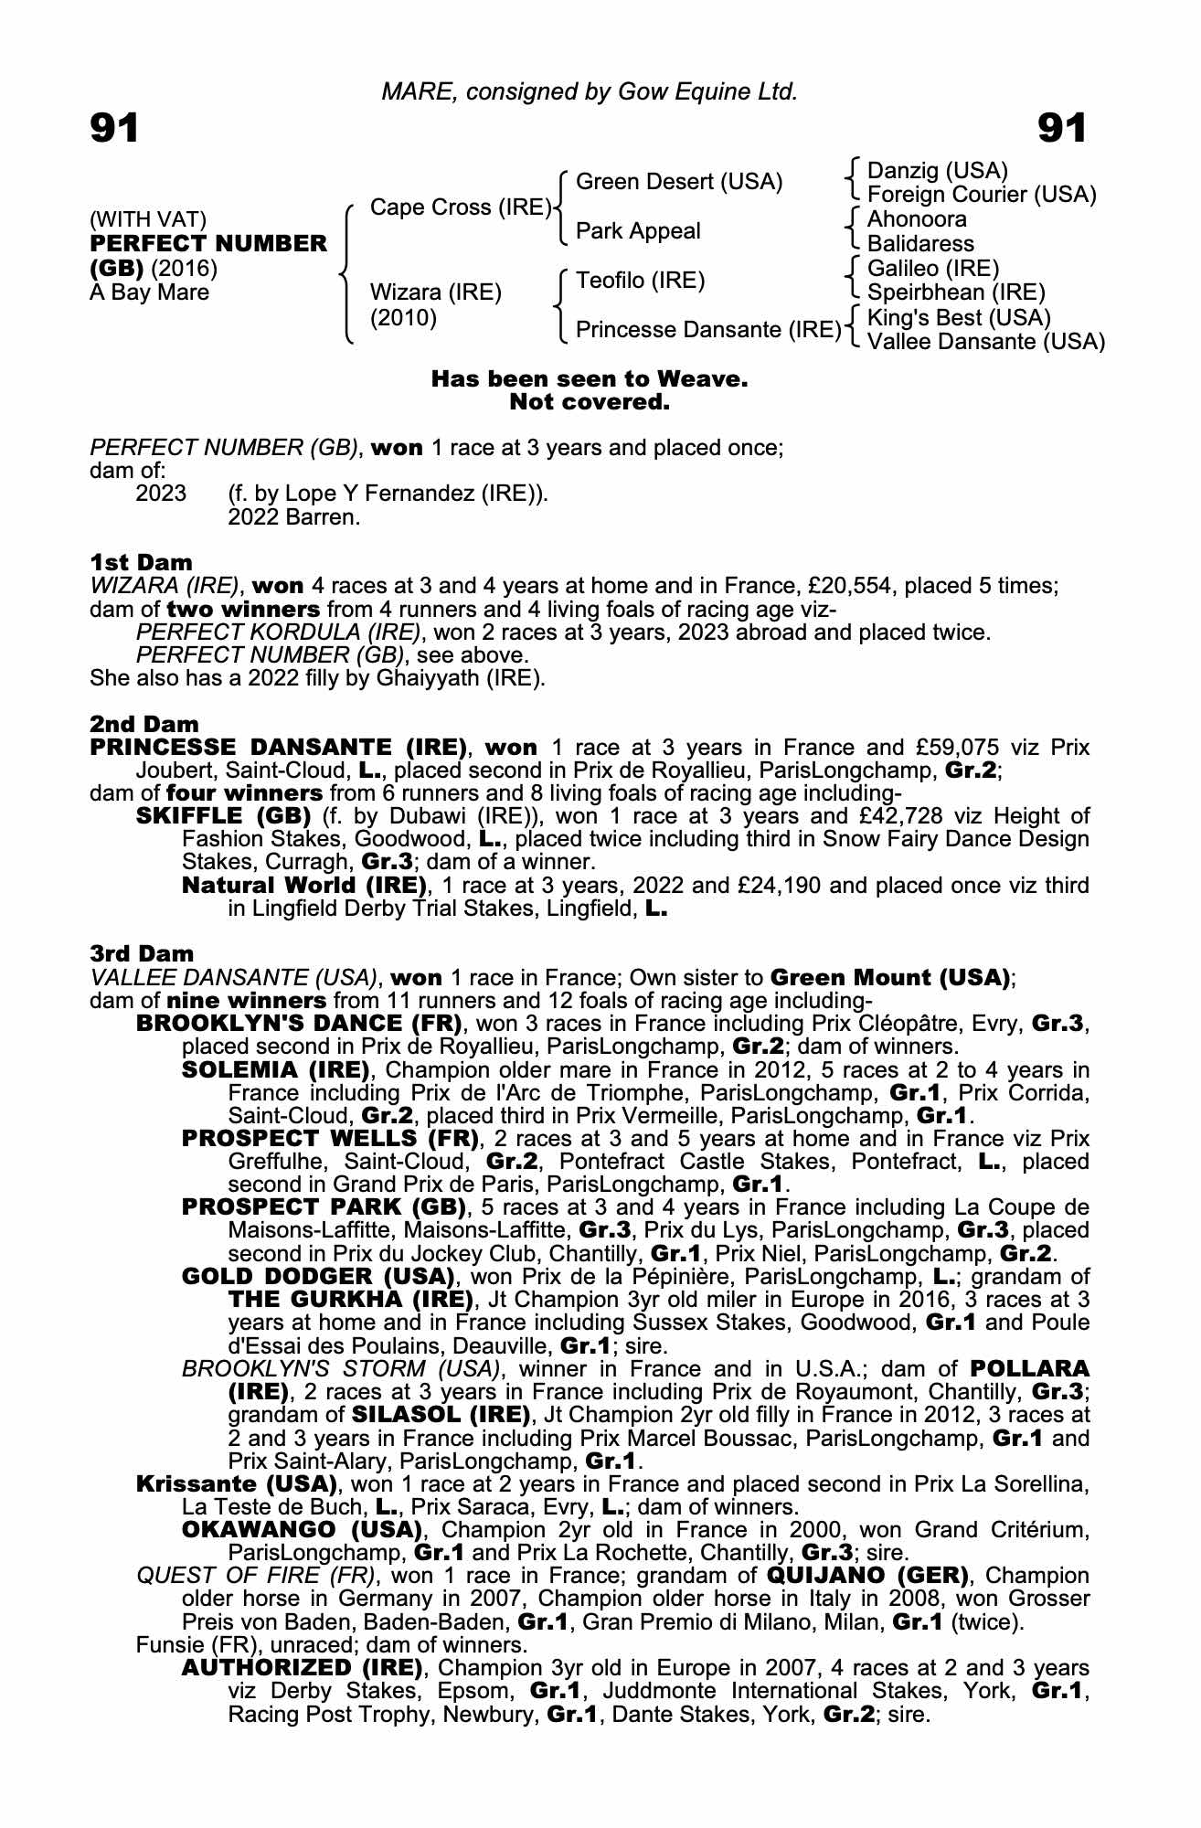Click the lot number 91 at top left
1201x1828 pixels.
pyautogui.click(x=114, y=129)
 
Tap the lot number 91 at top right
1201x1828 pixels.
pyautogui.click(x=1062, y=129)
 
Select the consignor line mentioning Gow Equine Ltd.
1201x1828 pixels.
pyautogui.click(x=590, y=91)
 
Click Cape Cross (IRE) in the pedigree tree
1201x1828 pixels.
pyautogui.click(x=460, y=207)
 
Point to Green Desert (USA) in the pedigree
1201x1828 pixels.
pyautogui.click(x=679, y=182)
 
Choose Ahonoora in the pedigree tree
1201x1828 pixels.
pyautogui.click(x=916, y=219)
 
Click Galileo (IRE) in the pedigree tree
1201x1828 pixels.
pyautogui.click(x=932, y=268)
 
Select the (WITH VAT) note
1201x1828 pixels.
pyautogui.click(x=148, y=219)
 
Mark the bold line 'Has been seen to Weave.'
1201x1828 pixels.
pyautogui.click(x=590, y=378)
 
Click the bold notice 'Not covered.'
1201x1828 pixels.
pyautogui.click(x=590, y=402)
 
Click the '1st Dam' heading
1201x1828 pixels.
pyautogui.click(x=141, y=561)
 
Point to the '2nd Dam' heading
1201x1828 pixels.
pyautogui.click(x=143, y=724)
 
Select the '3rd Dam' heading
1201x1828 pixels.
pyautogui.click(x=143, y=954)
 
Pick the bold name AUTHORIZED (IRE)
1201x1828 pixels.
pyautogui.click(x=302, y=1667)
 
